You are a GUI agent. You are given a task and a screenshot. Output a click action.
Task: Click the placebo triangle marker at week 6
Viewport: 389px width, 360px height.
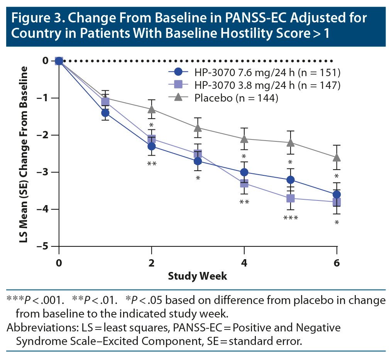pyautogui.click(x=337, y=158)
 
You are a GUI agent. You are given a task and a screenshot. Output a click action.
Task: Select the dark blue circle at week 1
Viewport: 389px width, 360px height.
pyautogui.click(x=105, y=113)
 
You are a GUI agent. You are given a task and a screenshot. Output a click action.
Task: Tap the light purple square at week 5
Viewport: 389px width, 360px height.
pyautogui.click(x=290, y=198)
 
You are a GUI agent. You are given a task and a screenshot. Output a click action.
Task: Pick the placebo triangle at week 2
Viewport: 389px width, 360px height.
pyautogui.click(x=151, y=109)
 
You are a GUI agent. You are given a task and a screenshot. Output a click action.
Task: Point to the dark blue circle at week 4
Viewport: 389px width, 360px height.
pyautogui.click(x=244, y=172)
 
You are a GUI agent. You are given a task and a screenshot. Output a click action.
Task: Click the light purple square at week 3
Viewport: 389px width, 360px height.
pyautogui.click(x=198, y=153)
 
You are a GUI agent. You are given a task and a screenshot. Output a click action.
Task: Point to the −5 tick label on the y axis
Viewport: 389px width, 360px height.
pyautogui.click(x=45, y=246)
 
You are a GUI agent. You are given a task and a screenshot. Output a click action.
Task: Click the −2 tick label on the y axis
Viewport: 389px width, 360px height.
pyautogui.click(x=45, y=135)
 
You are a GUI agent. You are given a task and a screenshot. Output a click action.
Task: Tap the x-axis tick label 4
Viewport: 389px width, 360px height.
pyautogui.click(x=244, y=263)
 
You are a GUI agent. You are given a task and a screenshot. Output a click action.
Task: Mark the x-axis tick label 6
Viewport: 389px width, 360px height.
pyautogui.click(x=337, y=263)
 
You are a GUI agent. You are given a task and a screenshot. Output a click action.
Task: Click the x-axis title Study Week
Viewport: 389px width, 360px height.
pyautogui.click(x=198, y=276)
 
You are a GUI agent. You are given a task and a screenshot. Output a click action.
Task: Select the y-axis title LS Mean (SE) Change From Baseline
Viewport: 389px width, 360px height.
pyautogui.click(x=24, y=155)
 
